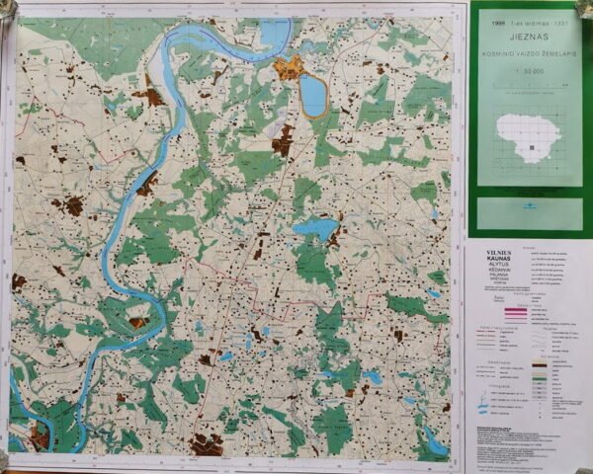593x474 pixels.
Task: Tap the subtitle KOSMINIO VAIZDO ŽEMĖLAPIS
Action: (525, 53)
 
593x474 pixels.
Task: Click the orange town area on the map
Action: (289, 68)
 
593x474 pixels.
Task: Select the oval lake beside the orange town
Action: (312, 96)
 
